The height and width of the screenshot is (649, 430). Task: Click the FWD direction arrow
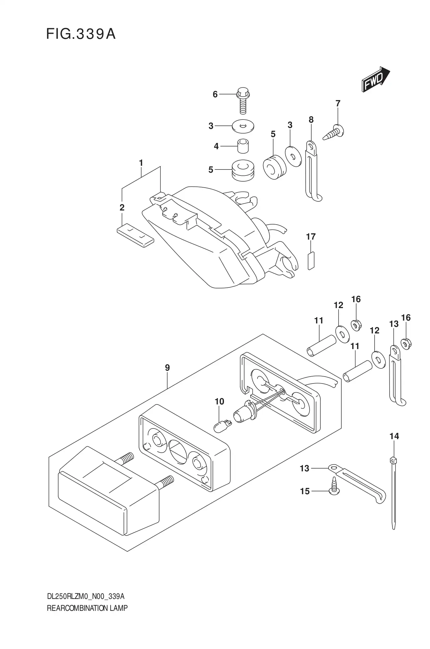click(375, 80)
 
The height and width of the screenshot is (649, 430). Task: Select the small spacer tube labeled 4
click(243, 146)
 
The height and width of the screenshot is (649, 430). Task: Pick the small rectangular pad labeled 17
click(311, 260)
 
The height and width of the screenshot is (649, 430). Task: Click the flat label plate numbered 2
click(135, 235)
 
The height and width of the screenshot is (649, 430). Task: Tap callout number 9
click(167, 368)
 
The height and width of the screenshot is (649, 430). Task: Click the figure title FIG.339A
click(81, 34)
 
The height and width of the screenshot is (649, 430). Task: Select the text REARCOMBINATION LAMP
click(87, 608)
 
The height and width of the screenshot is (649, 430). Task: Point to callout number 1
click(141, 163)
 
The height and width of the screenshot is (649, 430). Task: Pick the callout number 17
click(311, 236)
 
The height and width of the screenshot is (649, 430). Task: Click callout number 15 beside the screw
click(304, 491)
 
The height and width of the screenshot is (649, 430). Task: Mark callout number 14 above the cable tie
click(394, 436)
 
